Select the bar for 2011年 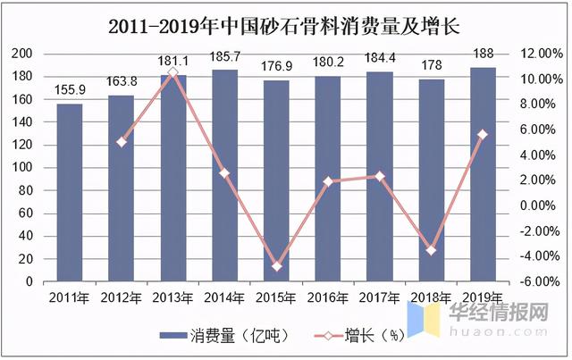coord(70,192)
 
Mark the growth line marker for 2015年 coord(276,266)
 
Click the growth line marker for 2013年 coord(172,72)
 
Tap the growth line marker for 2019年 coord(483,135)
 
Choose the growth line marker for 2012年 coord(122,142)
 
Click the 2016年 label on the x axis coord(328,297)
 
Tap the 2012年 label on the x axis coord(122,297)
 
